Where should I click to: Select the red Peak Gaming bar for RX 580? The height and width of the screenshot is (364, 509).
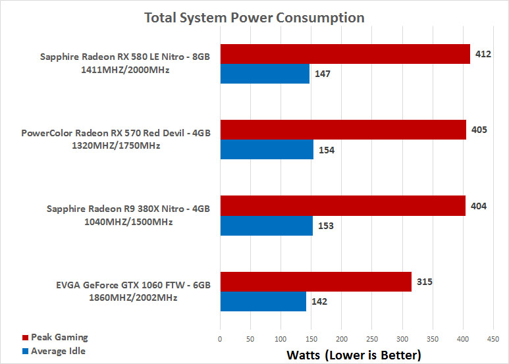tap(345, 54)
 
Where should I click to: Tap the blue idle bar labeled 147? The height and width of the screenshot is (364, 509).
tap(265, 74)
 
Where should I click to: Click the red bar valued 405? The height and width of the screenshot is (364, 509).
tap(343, 130)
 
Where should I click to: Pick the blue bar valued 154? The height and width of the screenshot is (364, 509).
tap(267, 149)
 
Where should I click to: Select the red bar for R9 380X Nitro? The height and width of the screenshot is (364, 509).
tap(342, 206)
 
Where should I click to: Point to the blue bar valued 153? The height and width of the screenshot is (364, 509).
tap(266, 226)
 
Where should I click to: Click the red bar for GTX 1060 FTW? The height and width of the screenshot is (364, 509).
tap(315, 282)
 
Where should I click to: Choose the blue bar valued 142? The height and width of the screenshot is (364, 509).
tap(263, 301)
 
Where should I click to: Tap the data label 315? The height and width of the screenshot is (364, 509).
tap(425, 282)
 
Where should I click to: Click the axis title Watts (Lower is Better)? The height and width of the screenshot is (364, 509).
tap(354, 355)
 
